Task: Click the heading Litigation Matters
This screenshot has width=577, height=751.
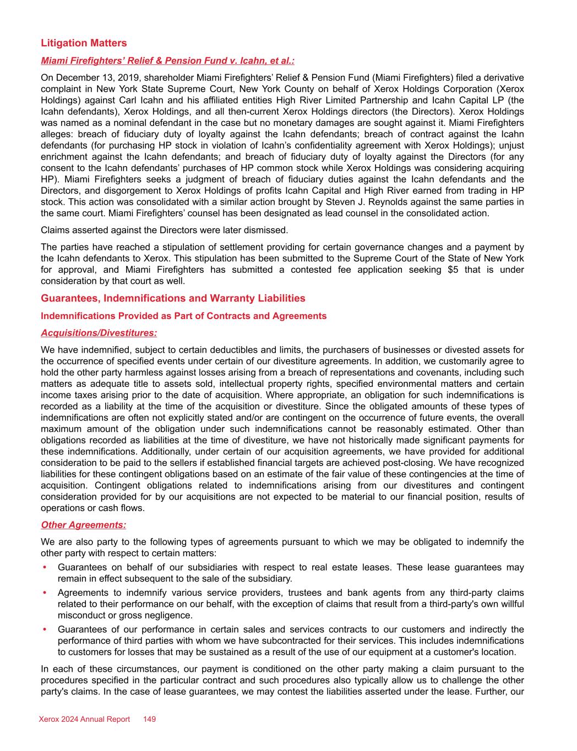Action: (84, 43)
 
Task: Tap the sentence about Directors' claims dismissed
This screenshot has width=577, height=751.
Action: (164, 229)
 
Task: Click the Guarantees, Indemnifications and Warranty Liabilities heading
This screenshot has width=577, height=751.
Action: (173, 298)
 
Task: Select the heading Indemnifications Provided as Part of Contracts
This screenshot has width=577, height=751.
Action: (183, 316)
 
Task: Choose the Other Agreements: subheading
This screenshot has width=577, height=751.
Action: (83, 525)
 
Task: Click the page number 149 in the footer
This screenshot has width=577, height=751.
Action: (149, 719)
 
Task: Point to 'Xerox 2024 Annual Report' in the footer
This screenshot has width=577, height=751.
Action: (84, 719)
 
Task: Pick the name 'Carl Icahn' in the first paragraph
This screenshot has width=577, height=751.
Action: (160, 100)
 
